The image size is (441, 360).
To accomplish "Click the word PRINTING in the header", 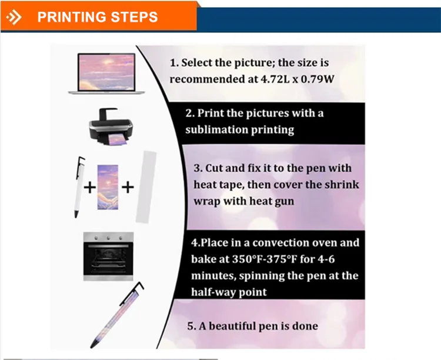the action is (72, 17).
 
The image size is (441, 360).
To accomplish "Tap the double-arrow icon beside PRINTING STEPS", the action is (14, 18).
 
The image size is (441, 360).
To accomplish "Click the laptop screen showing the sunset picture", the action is (106, 72).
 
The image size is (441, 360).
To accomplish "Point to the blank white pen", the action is (79, 187).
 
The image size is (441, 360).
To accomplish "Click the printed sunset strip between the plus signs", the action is (108, 187).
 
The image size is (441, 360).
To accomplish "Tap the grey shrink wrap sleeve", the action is (146, 187).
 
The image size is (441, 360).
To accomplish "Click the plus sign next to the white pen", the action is (90, 188).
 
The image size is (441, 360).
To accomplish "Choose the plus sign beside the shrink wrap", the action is (128, 187).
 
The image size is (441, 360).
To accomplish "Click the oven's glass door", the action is (108, 261).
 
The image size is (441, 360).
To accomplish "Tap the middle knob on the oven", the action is (108, 238).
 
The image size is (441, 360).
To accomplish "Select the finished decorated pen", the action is (117, 315).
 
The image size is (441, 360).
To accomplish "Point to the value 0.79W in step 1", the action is (318, 79).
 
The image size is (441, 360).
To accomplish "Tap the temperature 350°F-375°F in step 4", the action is (265, 259).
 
